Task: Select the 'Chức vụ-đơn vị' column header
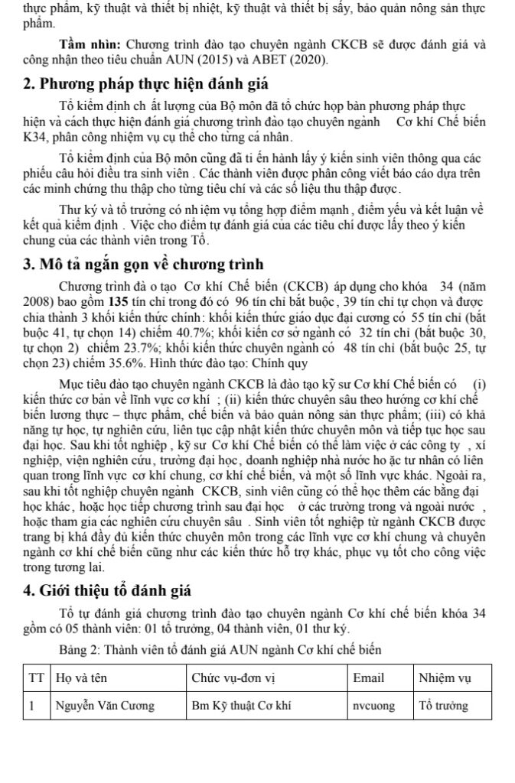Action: coord(227,677)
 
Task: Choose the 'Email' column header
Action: coord(367,677)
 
